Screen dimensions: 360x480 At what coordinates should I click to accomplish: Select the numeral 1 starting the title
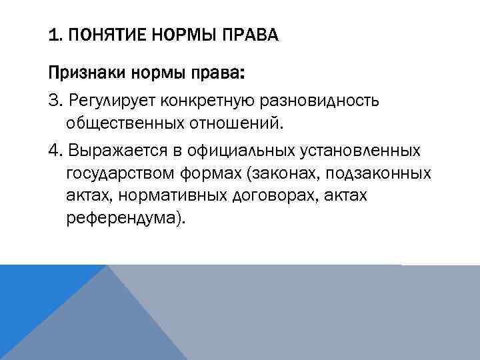pyautogui.click(x=53, y=35)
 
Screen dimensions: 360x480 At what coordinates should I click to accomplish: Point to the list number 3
pyautogui.click(x=54, y=100)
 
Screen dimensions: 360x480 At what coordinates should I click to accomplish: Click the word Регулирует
pyautogui.click(x=105, y=100)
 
